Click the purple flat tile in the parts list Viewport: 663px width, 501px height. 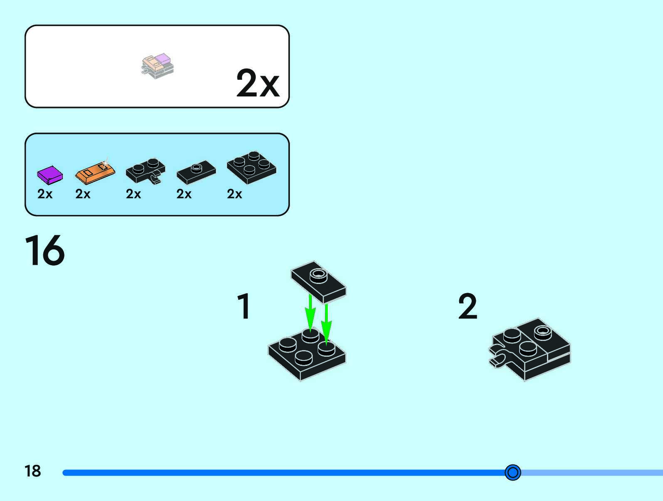49,175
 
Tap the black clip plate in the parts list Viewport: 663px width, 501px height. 145,170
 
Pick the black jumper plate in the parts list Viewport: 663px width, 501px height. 196,172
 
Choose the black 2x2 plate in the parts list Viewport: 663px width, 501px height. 251,167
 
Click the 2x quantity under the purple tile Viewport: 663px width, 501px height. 45,194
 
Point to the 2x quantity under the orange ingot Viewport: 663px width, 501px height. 83,194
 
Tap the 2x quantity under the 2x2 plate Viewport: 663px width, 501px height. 235,194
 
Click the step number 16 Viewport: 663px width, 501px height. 45,250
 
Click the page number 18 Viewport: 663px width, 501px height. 33,471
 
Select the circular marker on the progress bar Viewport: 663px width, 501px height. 512,472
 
